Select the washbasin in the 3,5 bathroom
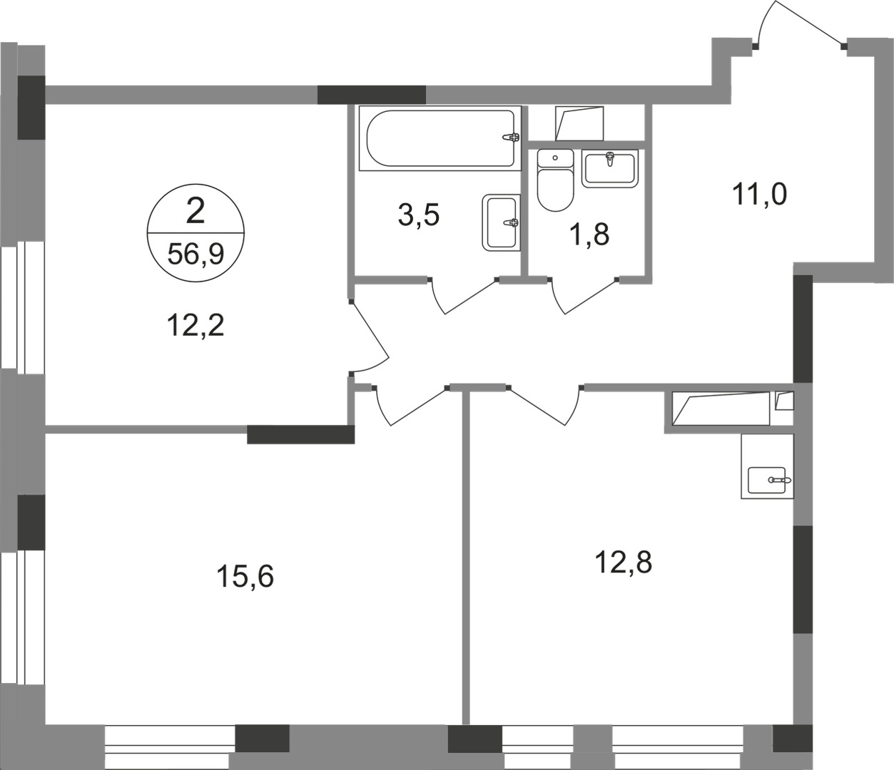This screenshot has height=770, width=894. tap(500, 222)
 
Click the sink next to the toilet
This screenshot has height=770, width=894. tap(609, 168)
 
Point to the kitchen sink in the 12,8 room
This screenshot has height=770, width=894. tap(767, 476)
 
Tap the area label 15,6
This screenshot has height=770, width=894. tap(245, 576)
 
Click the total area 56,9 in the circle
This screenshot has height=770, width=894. tap(195, 254)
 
